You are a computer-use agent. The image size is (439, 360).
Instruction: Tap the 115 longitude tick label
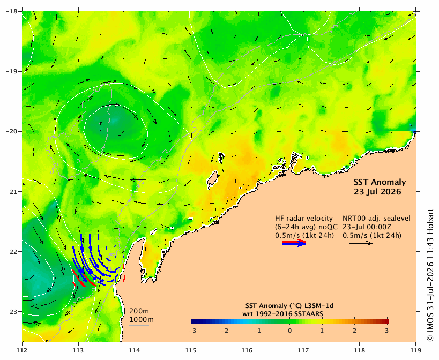point(191,350)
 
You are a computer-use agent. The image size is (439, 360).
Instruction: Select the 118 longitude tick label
point(360,350)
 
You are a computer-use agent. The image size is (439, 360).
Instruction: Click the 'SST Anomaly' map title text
point(380,182)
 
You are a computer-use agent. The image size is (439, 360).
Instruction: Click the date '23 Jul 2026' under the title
point(377,192)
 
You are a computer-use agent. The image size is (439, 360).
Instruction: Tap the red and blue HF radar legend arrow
point(294,243)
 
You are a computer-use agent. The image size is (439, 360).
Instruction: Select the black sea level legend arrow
point(361,243)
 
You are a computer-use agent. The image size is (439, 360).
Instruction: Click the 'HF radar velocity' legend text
point(304,219)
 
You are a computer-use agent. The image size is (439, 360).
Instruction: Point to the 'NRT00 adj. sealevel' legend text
point(377,219)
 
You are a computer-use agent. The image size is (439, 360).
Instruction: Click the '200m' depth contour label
point(139,311)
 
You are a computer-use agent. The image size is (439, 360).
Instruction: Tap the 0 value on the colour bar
point(289,331)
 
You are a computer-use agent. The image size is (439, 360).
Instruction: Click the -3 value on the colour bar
point(192,331)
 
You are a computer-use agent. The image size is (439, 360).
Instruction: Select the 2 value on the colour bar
point(354,331)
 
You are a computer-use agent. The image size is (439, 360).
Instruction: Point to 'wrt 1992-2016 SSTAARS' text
point(282,314)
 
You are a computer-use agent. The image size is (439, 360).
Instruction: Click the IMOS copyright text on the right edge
point(430,275)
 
